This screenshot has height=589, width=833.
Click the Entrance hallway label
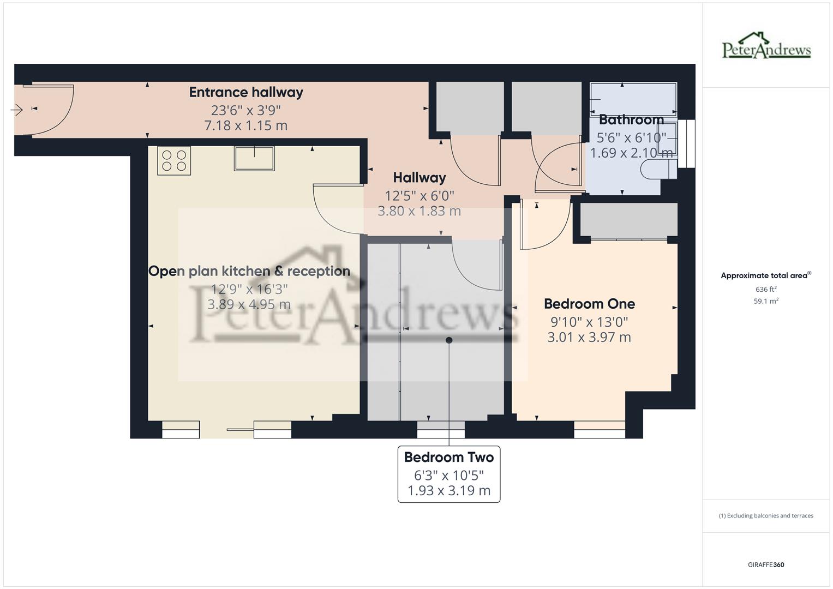pos(245,92)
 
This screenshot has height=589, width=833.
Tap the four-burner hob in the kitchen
pos(174,160)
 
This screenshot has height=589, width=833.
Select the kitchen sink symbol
pos(254,158)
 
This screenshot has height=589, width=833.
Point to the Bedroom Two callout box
pos(448,473)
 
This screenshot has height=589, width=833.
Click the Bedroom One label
pos(589,304)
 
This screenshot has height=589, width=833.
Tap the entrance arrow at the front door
pos(16,110)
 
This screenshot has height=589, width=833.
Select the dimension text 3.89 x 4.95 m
pos(249,304)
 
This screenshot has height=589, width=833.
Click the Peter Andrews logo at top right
pos(766,46)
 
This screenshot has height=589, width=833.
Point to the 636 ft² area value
pos(766,289)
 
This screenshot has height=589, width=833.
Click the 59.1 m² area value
pos(766,301)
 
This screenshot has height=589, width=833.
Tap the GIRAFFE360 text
pos(766,564)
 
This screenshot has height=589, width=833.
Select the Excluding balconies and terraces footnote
pos(766,515)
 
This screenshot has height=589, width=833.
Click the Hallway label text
pos(419,178)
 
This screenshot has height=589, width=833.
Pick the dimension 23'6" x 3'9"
pos(245,110)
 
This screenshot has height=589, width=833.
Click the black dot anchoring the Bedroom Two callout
pos(449,340)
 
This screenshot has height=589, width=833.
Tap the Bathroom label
pos(631,119)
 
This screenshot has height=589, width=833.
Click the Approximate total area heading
pos(766,275)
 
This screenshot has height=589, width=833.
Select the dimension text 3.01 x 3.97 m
pos(589,338)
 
